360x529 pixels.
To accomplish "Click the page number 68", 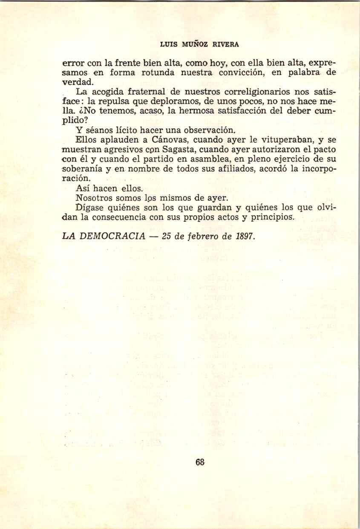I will point(200,462).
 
